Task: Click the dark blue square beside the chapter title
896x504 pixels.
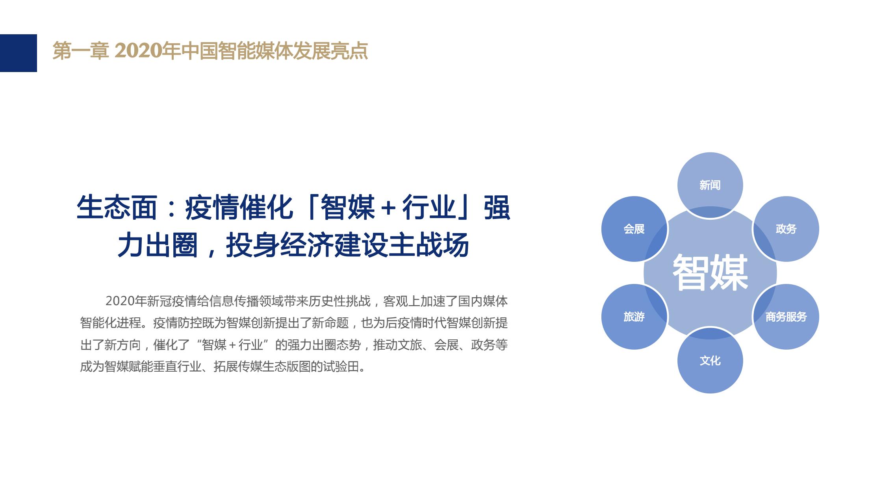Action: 18,53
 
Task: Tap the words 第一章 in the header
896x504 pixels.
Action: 80,51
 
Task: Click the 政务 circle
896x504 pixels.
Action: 786,229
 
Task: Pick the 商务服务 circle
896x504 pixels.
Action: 786,317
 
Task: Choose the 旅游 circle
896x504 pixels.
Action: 634,317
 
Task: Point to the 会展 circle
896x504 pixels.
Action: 634,229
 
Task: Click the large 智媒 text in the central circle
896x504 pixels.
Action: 710,272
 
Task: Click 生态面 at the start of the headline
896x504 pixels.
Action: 117,208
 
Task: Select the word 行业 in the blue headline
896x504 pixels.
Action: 429,208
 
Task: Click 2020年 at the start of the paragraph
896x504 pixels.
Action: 126,301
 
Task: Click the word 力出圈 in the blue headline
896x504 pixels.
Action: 158,245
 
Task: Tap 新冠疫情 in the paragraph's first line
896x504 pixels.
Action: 172,301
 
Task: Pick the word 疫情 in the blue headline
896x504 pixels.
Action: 212,208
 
